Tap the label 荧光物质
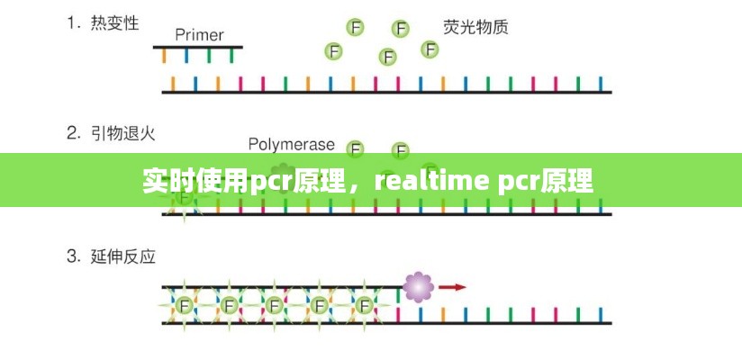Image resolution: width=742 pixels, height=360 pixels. pyautogui.click(x=475, y=27)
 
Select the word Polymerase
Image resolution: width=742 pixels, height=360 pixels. pyautogui.click(x=291, y=144)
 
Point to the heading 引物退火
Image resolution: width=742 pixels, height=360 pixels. pyautogui.click(x=123, y=133)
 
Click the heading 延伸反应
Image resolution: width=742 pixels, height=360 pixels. pyautogui.click(x=123, y=256)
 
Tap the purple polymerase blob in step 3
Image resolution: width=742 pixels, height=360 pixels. pyautogui.click(x=418, y=287)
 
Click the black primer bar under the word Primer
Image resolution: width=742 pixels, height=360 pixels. pyautogui.click(x=198, y=47)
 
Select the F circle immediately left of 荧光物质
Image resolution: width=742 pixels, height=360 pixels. pyautogui.click(x=430, y=49)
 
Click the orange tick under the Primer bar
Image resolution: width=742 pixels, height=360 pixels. pyautogui.click(x=164, y=56)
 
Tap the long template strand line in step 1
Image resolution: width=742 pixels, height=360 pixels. pyautogui.click(x=387, y=92)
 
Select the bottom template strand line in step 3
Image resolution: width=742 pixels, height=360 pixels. pyautogui.click(x=387, y=322)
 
